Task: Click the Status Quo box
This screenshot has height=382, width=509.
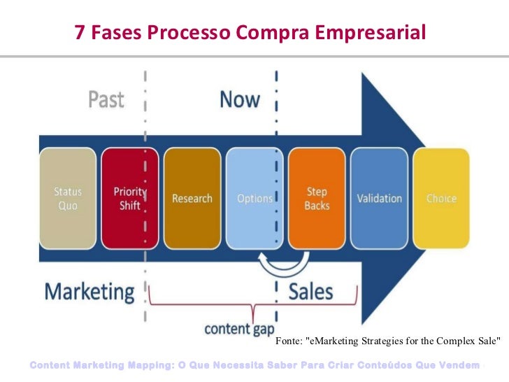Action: tap(68, 198)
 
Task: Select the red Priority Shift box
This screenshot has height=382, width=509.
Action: tap(129, 198)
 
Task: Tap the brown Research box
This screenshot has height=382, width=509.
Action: tap(192, 198)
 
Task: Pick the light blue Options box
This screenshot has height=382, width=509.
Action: tap(254, 198)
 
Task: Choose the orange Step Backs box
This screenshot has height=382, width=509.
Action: tap(317, 198)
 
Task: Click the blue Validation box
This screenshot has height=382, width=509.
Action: tap(380, 198)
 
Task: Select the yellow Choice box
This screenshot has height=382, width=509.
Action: tap(440, 198)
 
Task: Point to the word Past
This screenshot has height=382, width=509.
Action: tap(106, 100)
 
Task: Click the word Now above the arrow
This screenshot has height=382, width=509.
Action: tap(240, 100)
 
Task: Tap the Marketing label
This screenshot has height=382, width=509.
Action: tap(89, 291)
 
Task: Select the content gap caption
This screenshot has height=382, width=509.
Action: tap(239, 327)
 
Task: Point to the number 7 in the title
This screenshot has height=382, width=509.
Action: tap(80, 31)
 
